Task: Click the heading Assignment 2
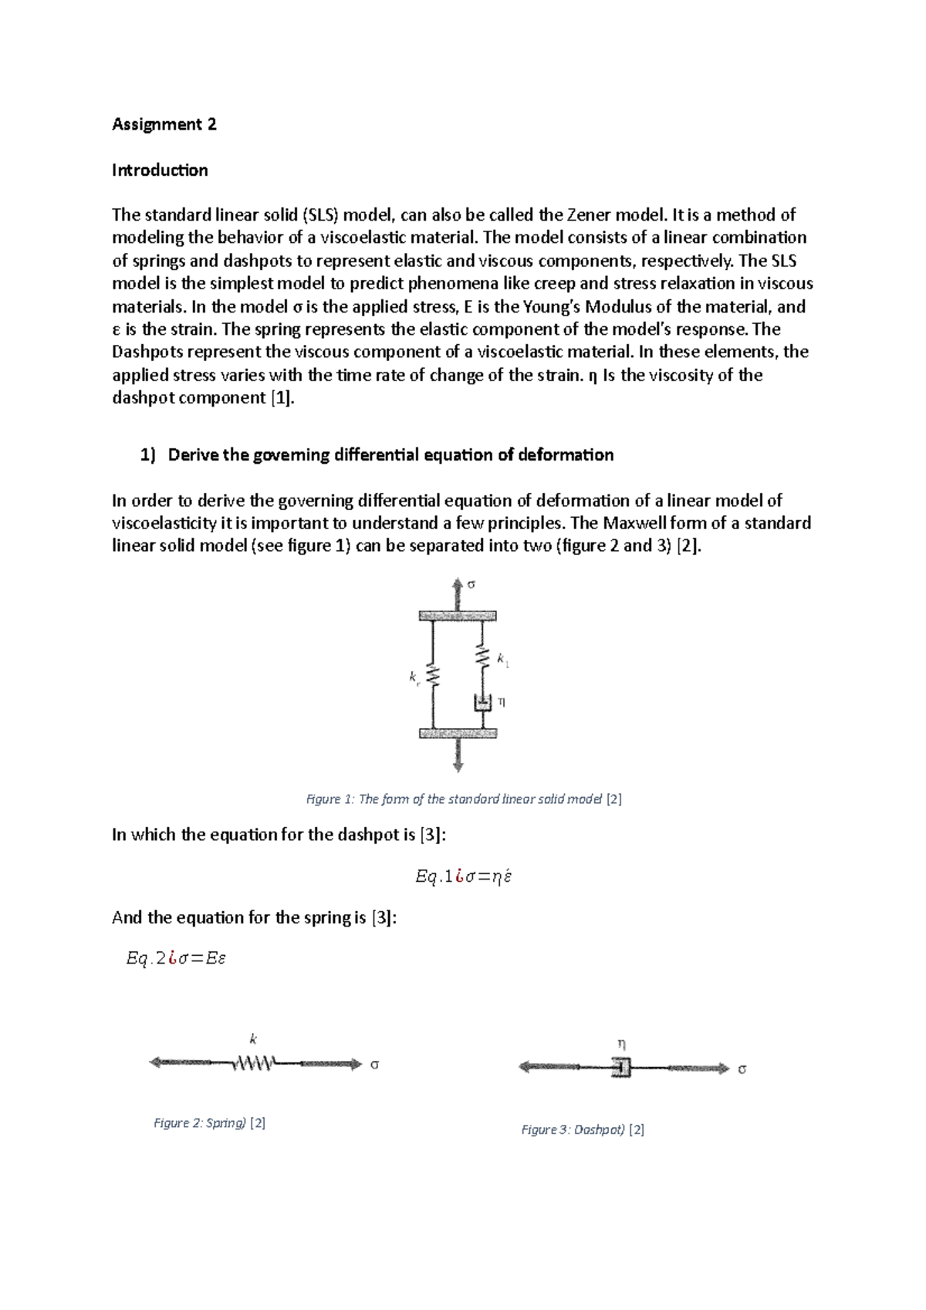[x=164, y=124]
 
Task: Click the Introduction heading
[x=160, y=170]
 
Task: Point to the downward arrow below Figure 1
[x=458, y=756]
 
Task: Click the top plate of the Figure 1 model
[x=457, y=616]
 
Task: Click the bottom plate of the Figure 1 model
[x=457, y=733]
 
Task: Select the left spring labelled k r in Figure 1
[x=433, y=677]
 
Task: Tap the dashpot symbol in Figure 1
[x=483, y=703]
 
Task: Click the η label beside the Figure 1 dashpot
[x=502, y=702]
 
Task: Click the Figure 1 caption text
[x=464, y=799]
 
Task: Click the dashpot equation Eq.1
[x=464, y=876]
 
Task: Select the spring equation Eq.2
[x=176, y=959]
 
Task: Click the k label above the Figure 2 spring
[x=253, y=1039]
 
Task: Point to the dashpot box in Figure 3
[x=622, y=1068]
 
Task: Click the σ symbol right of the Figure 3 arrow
[x=742, y=1069]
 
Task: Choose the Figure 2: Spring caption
[x=209, y=1123]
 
